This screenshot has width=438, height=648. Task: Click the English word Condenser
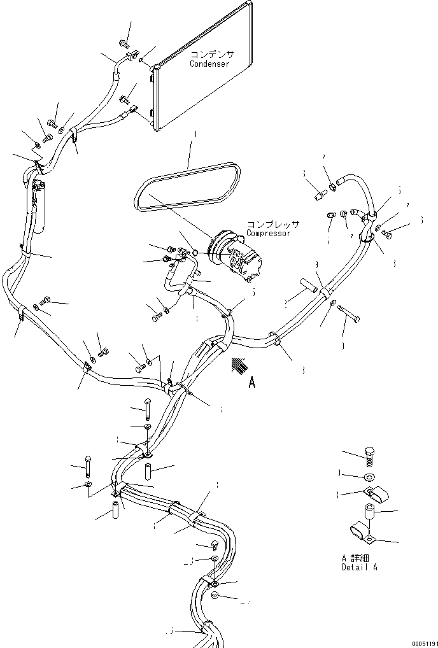tap(209, 64)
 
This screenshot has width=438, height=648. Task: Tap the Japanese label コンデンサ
tap(209, 55)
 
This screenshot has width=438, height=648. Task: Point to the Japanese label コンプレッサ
tap(273, 225)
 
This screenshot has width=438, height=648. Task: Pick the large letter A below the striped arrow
tap(251, 383)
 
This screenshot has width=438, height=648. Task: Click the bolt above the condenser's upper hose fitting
tap(124, 44)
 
